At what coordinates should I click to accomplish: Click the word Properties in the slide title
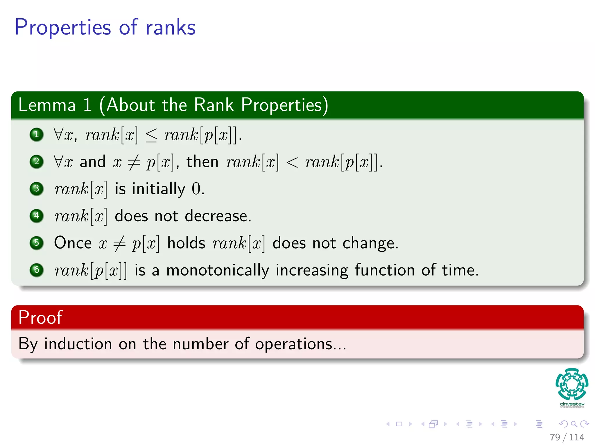coord(62,28)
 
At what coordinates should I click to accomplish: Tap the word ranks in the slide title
coord(171,28)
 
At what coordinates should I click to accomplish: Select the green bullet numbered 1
coord(37,134)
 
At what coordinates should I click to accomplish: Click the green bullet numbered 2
coord(37,161)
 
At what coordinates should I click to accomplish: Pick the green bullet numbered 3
coord(37,189)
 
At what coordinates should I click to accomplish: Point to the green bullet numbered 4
coord(37,216)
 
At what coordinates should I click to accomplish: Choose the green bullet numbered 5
coord(37,243)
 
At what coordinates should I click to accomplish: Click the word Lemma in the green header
coord(47,105)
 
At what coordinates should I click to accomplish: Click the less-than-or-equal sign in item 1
coord(151,135)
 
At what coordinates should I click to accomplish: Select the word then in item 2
coord(202,162)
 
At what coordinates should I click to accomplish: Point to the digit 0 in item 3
coord(196,189)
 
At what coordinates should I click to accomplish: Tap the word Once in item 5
coord(73,243)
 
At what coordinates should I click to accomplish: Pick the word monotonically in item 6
coord(218,270)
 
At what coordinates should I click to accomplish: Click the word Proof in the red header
coord(40,317)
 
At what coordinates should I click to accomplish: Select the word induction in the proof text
coord(78,344)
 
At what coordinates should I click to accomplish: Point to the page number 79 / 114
coord(567,437)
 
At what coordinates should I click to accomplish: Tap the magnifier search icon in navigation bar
coord(574,424)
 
